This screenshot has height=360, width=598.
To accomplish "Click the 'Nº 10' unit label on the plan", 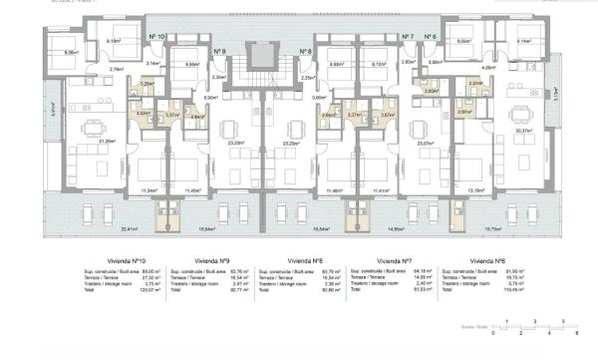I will [x=156, y=37].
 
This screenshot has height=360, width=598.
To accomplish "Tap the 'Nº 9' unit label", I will [x=219, y=50].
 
